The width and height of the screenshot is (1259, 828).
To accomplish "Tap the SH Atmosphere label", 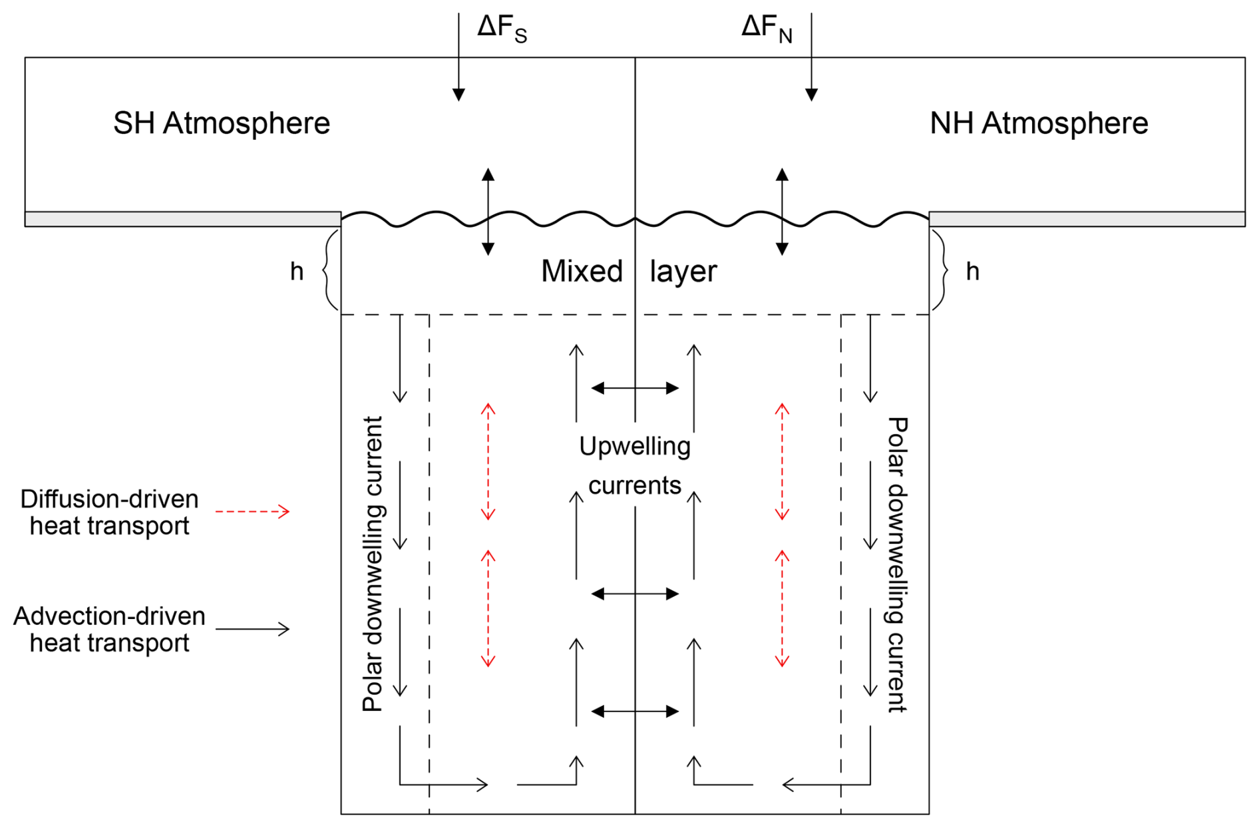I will (x=222, y=123).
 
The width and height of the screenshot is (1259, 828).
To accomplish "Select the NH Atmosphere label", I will (x=1039, y=123).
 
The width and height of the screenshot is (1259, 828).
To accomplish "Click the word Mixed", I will (x=582, y=271).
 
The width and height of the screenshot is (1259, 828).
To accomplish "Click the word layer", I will (x=683, y=272).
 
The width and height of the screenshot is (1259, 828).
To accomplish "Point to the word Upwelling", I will (x=635, y=446).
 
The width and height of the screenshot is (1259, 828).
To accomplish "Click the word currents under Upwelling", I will (x=635, y=485).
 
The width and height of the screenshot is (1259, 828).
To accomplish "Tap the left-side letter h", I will (x=297, y=272).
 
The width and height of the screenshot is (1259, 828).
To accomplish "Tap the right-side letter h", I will (x=972, y=272).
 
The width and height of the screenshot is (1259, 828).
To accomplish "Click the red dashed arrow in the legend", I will (x=252, y=511).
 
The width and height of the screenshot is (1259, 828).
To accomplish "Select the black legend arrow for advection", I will (x=252, y=629).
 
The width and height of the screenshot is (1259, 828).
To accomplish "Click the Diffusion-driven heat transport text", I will (x=110, y=512).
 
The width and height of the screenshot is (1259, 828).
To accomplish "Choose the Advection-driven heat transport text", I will (x=110, y=629).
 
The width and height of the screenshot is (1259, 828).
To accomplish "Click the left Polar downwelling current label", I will (x=373, y=564).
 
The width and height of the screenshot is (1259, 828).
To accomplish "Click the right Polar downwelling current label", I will (x=898, y=564).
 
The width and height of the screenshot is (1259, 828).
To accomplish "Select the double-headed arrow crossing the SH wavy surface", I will (x=488, y=212).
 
